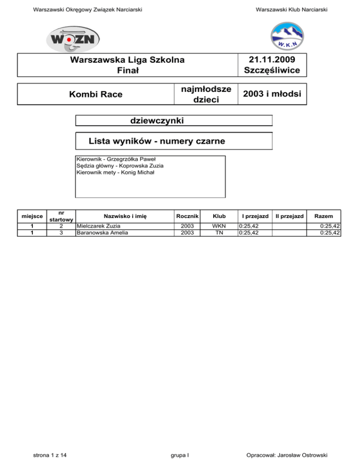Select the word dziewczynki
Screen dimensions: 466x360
[x=156, y=120]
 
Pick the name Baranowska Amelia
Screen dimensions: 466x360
[x=102, y=232]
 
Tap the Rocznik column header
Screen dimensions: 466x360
[x=187, y=216]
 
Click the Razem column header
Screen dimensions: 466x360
[x=324, y=216]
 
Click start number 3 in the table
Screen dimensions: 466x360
[x=61, y=232]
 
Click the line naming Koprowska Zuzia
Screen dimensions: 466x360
[x=120, y=165]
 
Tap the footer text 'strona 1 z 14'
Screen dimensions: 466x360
[x=50, y=454]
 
